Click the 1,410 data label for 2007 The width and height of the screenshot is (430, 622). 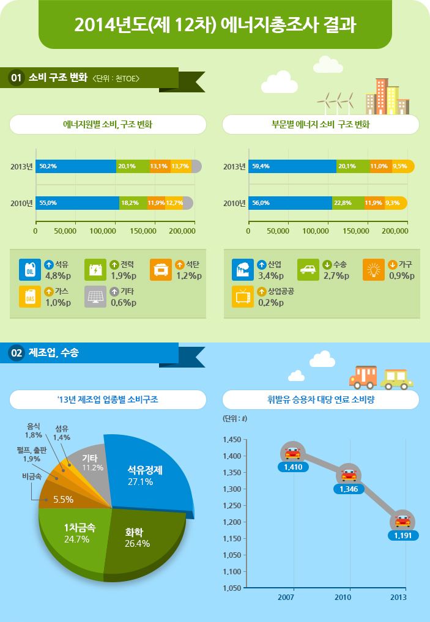tap(292, 467)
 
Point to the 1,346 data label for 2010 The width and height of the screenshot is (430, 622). tap(348, 489)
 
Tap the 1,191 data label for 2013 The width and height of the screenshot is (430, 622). tap(402, 535)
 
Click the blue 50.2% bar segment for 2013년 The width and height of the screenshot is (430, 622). tap(75, 166)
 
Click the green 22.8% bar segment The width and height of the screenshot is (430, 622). tap(348, 203)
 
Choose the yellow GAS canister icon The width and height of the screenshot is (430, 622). tap(29, 296)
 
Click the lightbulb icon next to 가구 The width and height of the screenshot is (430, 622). tap(373, 270)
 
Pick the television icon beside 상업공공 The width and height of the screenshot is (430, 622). tap(243, 296)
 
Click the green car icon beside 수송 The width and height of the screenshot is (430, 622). tap(308, 270)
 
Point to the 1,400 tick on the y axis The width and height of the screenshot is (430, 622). tap(232, 456)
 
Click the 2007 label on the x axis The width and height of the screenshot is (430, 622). tap(286, 597)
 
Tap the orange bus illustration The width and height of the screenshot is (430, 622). tap(363, 377)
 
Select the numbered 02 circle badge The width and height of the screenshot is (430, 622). tap(17, 353)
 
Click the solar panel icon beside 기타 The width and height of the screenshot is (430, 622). tap(95, 296)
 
